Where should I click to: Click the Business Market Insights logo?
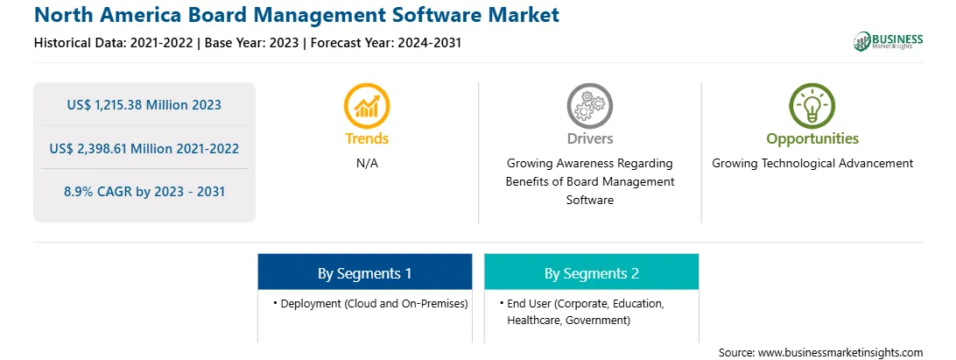[888, 41]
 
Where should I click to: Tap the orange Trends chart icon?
[367, 106]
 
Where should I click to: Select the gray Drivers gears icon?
[589, 106]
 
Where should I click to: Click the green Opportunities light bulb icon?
[812, 106]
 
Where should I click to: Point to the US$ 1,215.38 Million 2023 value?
[144, 105]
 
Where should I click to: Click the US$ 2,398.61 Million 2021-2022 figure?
[144, 148]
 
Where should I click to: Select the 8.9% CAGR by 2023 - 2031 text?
[144, 192]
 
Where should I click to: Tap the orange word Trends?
[367, 138]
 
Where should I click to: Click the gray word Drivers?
[589, 138]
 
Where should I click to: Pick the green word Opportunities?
[812, 138]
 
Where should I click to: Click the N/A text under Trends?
[367, 164]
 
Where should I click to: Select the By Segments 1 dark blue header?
[364, 272]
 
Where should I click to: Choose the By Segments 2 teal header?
[592, 272]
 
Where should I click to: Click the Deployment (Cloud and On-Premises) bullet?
[370, 303]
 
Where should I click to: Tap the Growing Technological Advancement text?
[812, 164]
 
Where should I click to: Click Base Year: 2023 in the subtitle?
[252, 43]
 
